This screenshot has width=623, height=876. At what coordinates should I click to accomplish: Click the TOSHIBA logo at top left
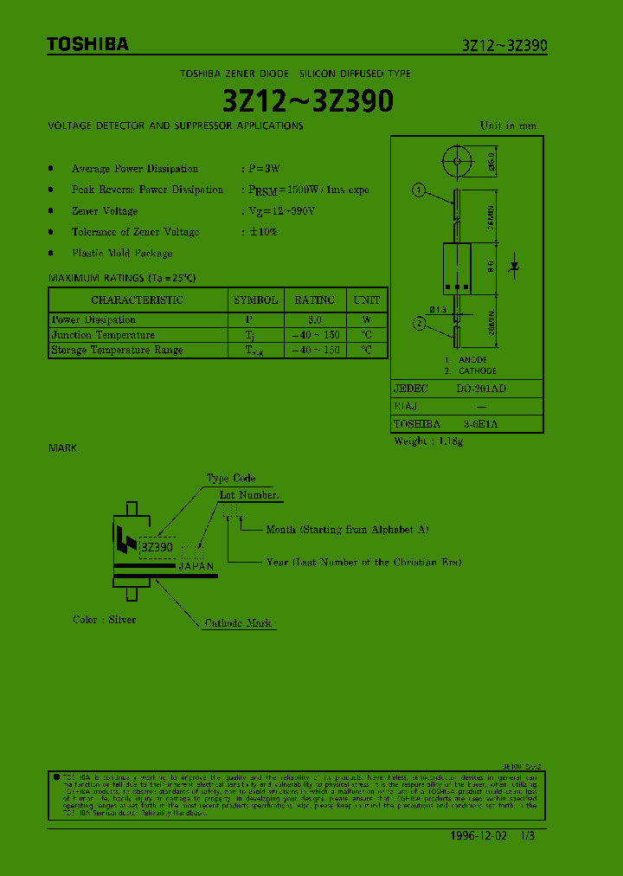(87, 44)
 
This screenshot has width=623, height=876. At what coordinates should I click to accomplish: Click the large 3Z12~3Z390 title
(308, 101)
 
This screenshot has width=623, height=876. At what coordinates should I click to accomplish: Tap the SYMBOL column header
(255, 300)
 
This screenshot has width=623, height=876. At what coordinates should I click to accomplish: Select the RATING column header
(314, 300)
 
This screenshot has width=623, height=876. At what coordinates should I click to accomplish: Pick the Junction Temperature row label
(103, 335)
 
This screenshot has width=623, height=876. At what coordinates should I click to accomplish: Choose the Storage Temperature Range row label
(117, 351)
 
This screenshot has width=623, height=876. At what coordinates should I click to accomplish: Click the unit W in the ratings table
(367, 319)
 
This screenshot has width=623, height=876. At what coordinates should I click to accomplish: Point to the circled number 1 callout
(418, 190)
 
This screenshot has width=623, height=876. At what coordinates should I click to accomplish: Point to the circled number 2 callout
(418, 324)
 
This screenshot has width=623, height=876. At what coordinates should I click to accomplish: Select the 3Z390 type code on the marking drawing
(157, 547)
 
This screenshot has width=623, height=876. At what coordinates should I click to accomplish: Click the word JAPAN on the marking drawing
(196, 566)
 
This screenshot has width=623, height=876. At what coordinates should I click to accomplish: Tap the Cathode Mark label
(238, 623)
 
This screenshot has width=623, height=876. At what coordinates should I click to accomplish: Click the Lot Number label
(249, 495)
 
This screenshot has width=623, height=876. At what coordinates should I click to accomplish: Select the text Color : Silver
(104, 620)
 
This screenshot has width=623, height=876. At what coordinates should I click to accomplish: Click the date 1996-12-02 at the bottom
(481, 836)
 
